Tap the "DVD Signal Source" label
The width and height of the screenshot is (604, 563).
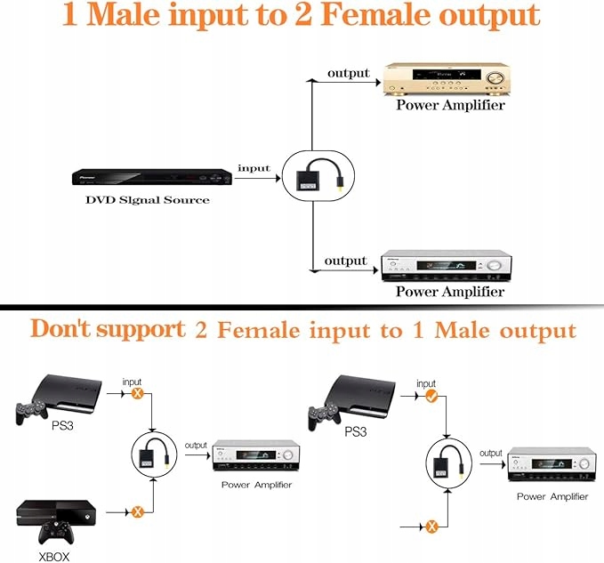pyautogui.click(x=148, y=200)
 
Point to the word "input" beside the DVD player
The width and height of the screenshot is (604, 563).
pyautogui.click(x=254, y=168)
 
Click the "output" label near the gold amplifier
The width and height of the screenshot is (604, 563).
pyautogui.click(x=348, y=73)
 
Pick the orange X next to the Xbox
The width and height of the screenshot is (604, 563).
pyautogui.click(x=138, y=511)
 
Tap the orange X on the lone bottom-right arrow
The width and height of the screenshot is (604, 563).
pyautogui.click(x=431, y=527)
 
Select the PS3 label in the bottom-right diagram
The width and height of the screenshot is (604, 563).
pyautogui.click(x=354, y=432)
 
